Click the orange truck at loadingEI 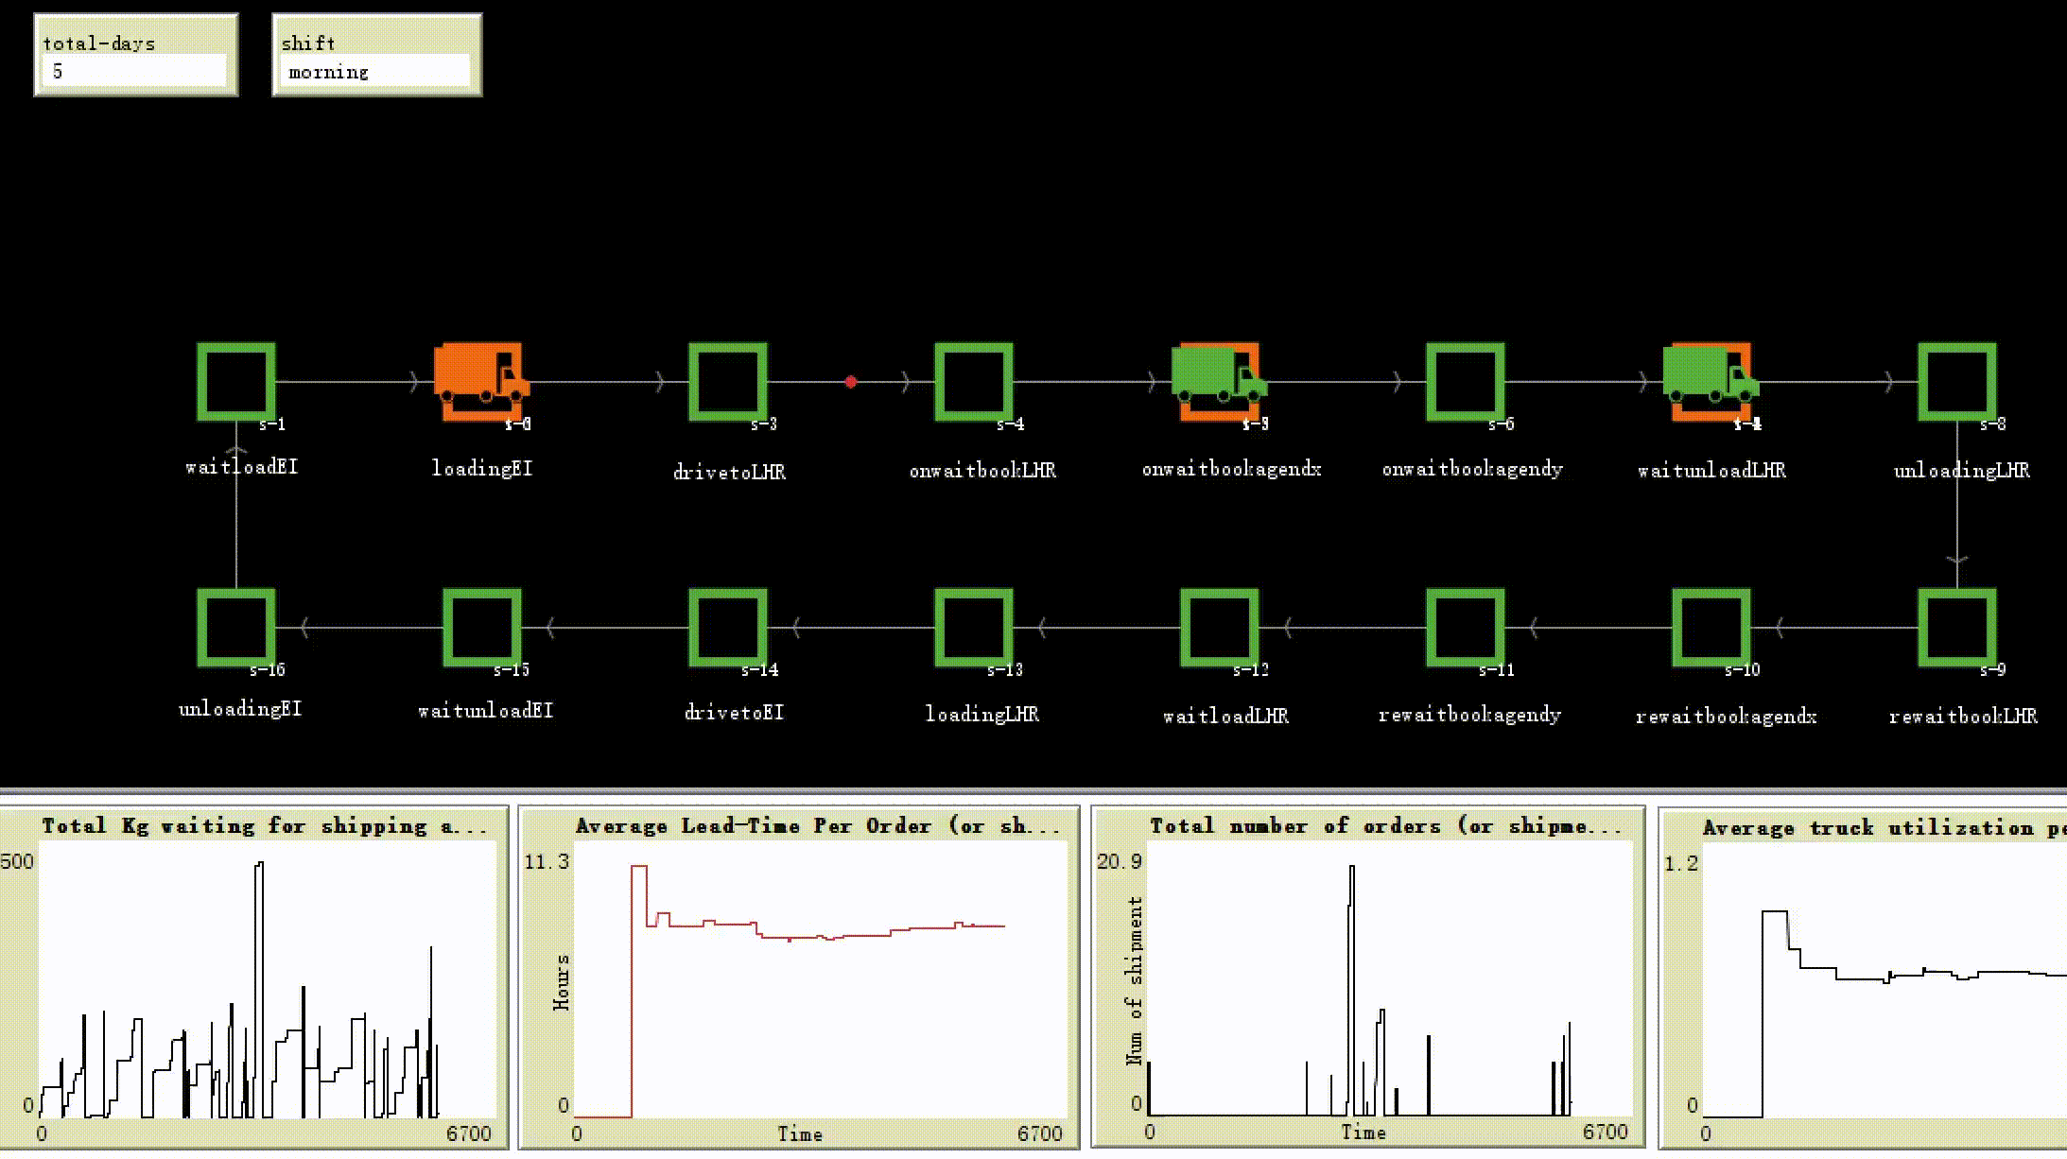click(x=480, y=376)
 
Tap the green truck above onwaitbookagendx click(x=1218, y=374)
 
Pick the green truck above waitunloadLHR click(x=1710, y=374)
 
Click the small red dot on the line click(x=851, y=382)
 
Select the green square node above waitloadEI click(x=236, y=381)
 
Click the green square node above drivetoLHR click(x=728, y=381)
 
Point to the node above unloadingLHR click(x=1956, y=381)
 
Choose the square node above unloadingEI click(x=236, y=627)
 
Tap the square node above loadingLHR click(x=974, y=627)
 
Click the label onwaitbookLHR click(x=982, y=471)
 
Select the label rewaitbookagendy click(x=1469, y=716)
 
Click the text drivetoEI click(x=735, y=713)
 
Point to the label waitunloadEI click(x=485, y=711)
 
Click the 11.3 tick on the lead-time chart click(x=547, y=861)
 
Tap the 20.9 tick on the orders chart click(x=1120, y=861)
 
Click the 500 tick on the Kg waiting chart click(x=17, y=861)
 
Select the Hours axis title click(x=562, y=983)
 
